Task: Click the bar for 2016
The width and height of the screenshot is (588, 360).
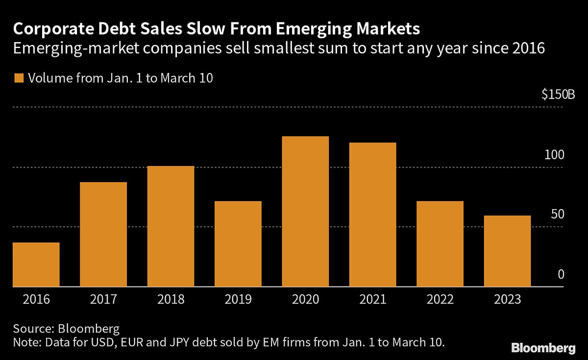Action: pos(36,264)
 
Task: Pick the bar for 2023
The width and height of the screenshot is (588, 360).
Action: pos(507,251)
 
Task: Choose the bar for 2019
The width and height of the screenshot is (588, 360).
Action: pos(238,244)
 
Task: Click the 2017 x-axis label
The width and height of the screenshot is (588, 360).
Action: pos(103,299)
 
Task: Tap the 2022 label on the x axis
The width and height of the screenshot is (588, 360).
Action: pos(440,299)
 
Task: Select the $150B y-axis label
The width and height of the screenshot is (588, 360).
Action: pos(558,95)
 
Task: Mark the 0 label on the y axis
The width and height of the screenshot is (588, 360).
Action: pos(562,275)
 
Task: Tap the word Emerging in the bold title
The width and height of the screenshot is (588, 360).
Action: pos(309,29)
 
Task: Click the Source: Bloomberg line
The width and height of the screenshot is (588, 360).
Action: pos(66,329)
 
